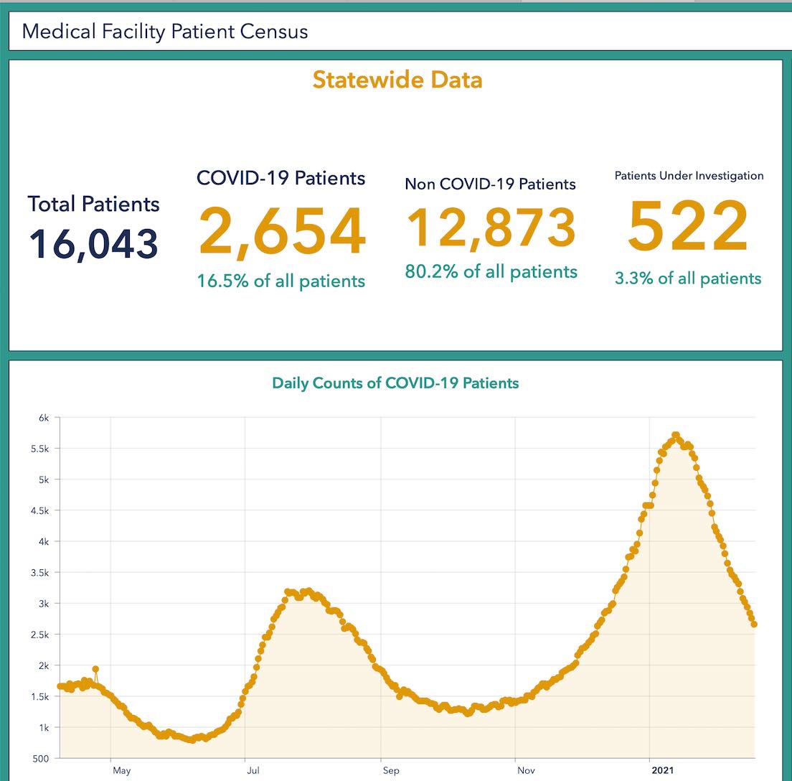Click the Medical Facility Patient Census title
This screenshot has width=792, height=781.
tap(165, 32)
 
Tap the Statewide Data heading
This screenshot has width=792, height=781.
tap(397, 80)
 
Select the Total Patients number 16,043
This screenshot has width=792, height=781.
tap(93, 243)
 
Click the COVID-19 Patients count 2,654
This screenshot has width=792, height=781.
tap(282, 231)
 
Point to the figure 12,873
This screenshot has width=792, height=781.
tap(491, 228)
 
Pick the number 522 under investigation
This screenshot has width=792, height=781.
tap(688, 228)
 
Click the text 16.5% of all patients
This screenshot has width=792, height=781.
tap(281, 281)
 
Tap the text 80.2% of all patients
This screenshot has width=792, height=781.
tap(491, 272)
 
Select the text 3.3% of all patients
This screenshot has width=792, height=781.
tap(688, 279)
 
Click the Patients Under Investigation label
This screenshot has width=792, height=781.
tap(689, 176)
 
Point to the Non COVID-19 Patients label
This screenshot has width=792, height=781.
tap(490, 184)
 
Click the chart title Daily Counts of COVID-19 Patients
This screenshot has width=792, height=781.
tap(395, 383)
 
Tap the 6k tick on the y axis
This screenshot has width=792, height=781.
tap(44, 418)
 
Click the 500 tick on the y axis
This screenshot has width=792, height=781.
tap(41, 759)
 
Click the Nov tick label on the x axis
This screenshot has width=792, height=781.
tap(526, 771)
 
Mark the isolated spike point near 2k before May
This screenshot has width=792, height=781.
tap(95, 669)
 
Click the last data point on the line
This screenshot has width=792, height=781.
tap(754, 625)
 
